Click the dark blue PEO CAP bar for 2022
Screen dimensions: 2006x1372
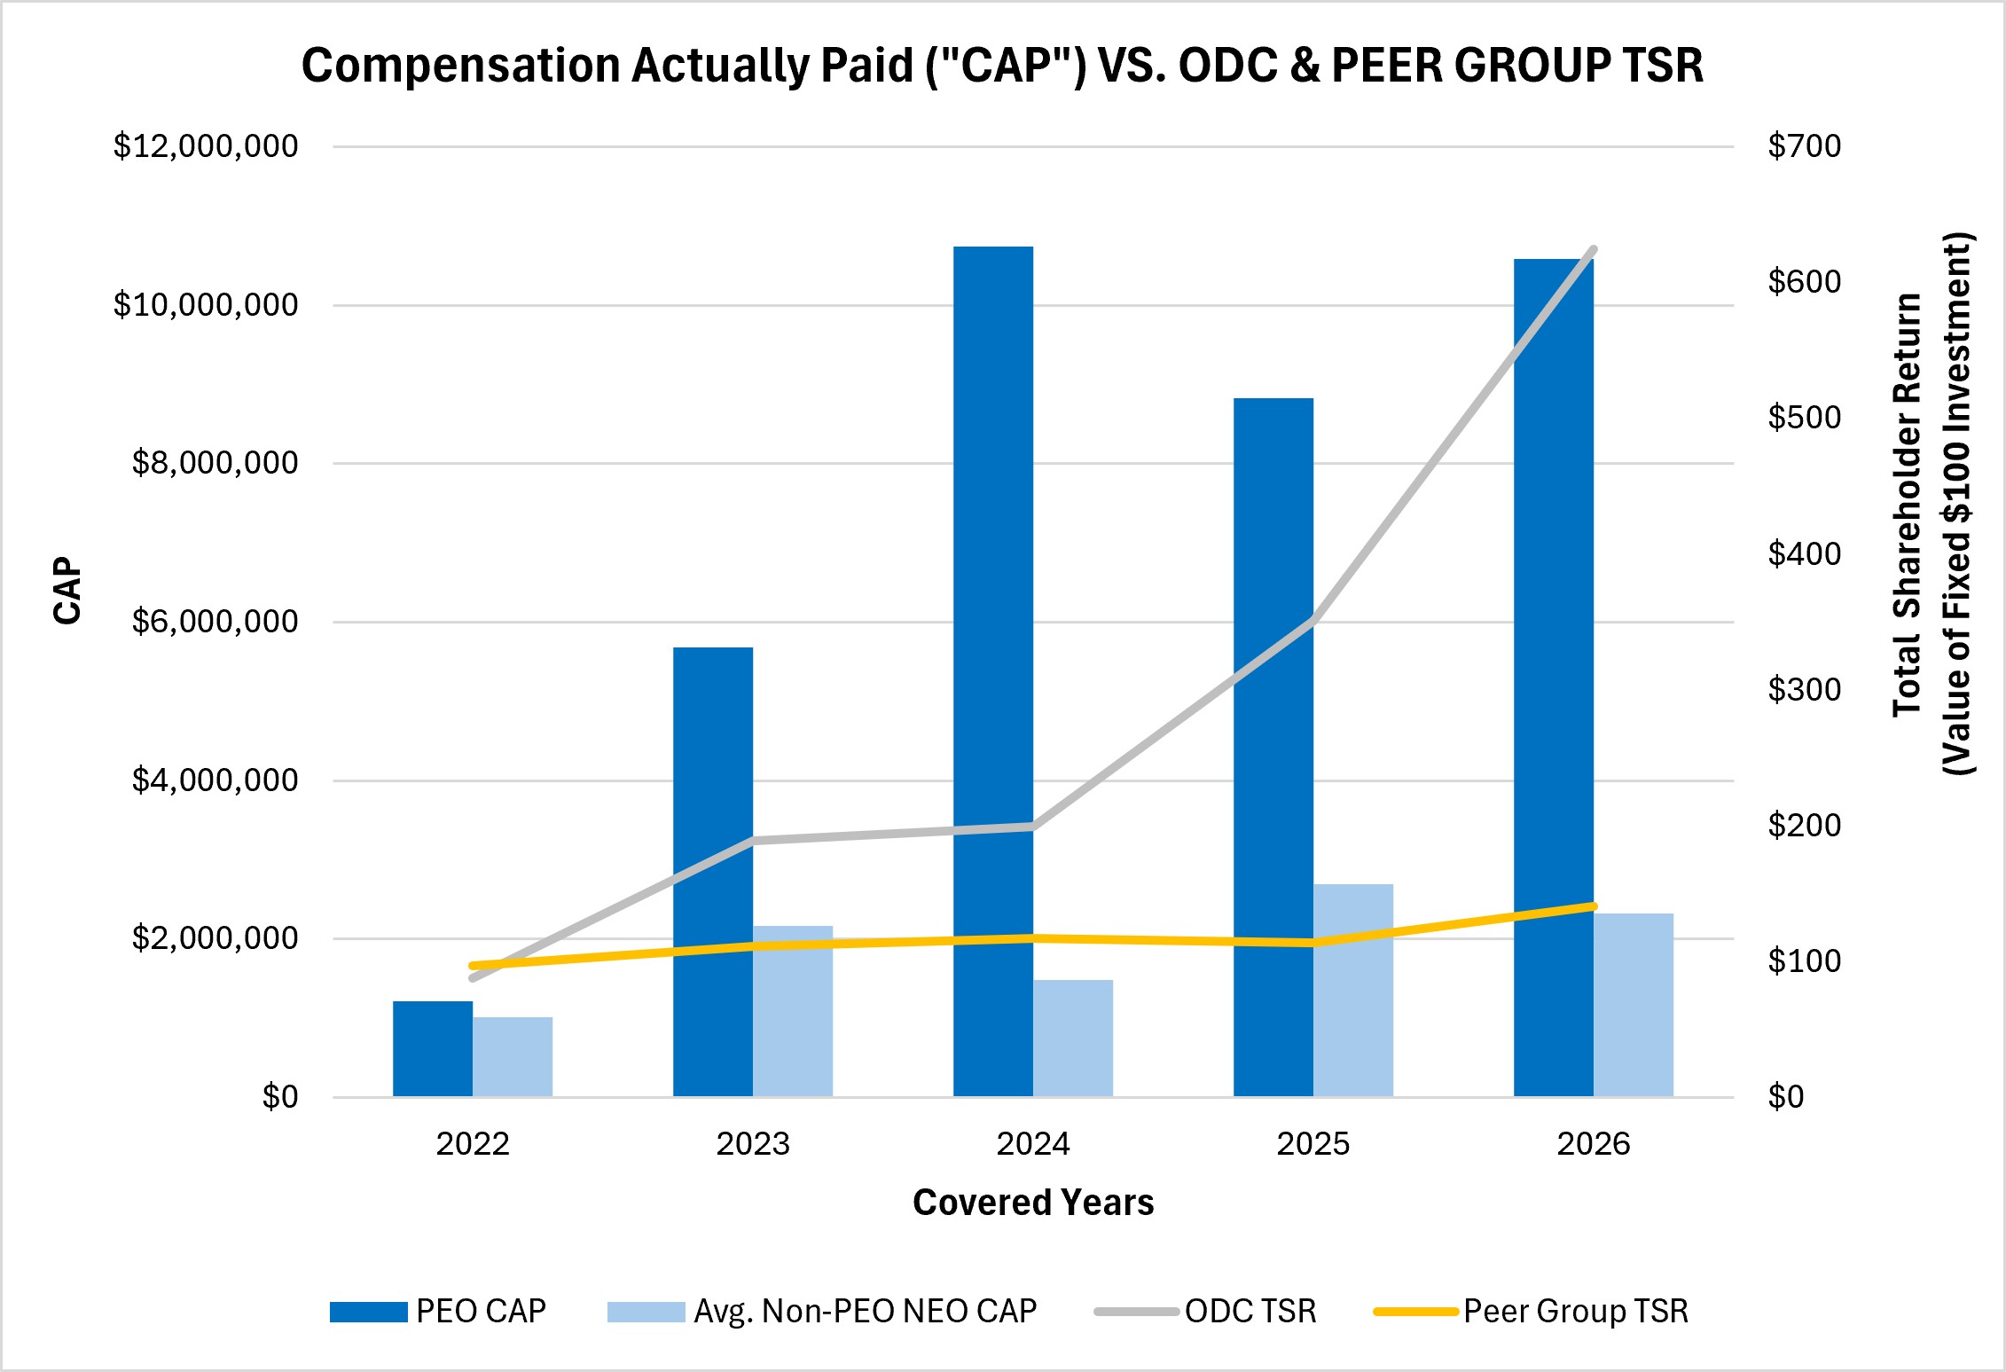point(433,1049)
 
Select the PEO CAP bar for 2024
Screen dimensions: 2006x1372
point(993,671)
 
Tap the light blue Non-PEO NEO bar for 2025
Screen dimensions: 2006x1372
point(1353,991)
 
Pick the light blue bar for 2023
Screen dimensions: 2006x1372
point(793,1011)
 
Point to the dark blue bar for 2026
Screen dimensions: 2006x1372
point(1554,678)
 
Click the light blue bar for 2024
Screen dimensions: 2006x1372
point(1073,1039)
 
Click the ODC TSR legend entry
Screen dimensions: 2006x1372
point(1206,1311)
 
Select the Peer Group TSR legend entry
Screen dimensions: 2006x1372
point(1532,1311)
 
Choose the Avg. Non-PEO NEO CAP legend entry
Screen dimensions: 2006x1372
point(822,1311)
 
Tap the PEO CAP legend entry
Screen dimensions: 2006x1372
point(438,1311)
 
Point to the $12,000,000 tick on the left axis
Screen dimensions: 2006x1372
point(206,146)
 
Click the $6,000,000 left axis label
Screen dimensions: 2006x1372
point(215,622)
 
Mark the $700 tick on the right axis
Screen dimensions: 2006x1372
point(1805,146)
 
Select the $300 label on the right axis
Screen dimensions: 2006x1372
point(1805,689)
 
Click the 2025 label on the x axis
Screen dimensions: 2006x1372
point(1313,1144)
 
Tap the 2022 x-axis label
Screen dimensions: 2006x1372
point(473,1144)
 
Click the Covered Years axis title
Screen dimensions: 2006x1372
point(1033,1203)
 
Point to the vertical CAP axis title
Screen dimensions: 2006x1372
point(67,591)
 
